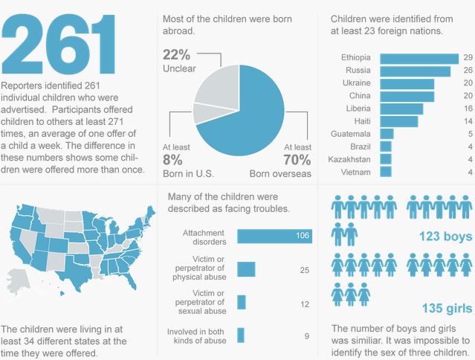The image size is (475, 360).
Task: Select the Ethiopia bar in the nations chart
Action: [419, 58]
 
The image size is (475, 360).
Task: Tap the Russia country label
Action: [358, 71]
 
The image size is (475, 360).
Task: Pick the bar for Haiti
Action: [398, 121]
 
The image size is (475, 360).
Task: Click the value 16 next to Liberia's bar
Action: [467, 109]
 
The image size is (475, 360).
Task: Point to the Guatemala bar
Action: [387, 134]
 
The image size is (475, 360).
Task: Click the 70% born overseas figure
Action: [297, 159]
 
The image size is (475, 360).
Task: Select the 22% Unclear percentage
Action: [177, 55]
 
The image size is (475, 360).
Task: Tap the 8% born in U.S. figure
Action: [172, 159]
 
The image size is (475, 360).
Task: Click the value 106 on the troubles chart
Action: [301, 237]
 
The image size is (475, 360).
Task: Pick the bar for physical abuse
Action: [246, 269]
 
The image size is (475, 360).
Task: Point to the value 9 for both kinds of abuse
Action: [306, 336]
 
